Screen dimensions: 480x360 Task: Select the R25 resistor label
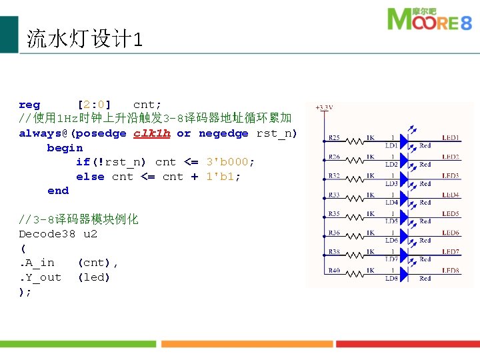click(334, 138)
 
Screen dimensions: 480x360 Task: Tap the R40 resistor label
click(334, 271)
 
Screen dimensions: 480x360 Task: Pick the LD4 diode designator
click(391, 202)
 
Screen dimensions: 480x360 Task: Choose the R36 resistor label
click(334, 233)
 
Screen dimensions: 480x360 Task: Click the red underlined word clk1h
click(152, 133)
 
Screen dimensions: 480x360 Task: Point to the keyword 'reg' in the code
click(29, 105)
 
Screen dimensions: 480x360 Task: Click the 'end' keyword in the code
click(58, 191)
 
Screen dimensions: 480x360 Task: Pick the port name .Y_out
click(40, 277)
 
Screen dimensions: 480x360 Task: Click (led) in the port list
click(94, 277)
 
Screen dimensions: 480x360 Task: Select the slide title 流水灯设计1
click(84, 39)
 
